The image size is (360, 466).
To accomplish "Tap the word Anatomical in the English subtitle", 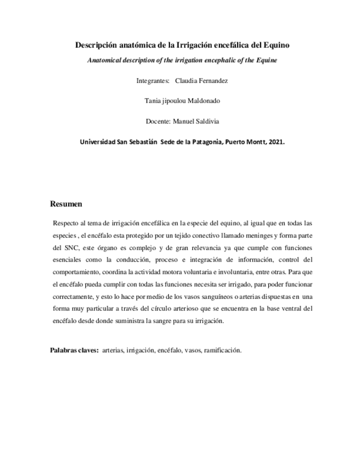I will pos(106,60).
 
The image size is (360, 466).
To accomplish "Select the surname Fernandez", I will pos(208,81).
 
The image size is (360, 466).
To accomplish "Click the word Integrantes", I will pos(152,81).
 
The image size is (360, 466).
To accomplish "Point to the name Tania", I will pos(152,101).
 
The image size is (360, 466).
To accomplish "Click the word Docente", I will pos(157,121).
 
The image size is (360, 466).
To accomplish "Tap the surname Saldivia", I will pos(201,121).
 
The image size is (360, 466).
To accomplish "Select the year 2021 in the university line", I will pos(276,141).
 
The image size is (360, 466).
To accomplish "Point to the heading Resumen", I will pos(66,204).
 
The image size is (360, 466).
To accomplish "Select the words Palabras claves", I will pos(74,350).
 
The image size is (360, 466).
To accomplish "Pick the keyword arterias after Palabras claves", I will pos(113,350).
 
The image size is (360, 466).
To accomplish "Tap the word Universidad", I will pos(97,141).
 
